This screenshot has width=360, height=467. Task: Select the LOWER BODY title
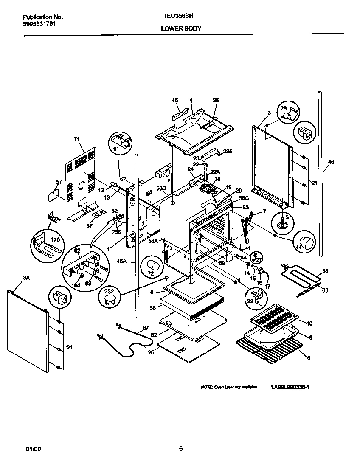point(181,28)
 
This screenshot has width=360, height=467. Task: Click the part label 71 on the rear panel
point(77,139)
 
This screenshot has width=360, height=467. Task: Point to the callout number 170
point(55,240)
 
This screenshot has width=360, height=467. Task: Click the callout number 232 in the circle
point(109,292)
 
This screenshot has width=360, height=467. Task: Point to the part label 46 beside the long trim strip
point(332,162)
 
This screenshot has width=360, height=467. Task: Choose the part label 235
point(228,151)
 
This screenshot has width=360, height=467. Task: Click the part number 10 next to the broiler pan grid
point(309,324)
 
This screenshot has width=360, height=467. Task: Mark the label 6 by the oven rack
point(308,358)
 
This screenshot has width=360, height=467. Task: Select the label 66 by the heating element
point(326,271)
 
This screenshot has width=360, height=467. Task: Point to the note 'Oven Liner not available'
point(229,388)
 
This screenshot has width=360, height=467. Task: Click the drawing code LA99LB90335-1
point(290,388)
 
